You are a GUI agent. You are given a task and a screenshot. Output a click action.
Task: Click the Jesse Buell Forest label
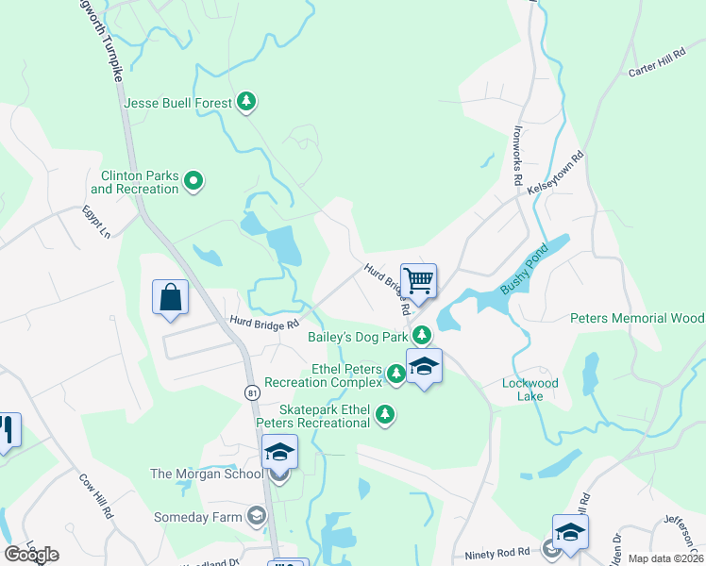178,102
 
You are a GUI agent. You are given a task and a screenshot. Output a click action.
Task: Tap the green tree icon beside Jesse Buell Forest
246,101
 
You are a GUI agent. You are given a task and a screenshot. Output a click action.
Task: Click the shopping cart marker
418,279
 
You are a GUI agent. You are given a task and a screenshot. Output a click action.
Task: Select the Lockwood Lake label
530,390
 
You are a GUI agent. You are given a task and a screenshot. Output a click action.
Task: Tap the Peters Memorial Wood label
637,319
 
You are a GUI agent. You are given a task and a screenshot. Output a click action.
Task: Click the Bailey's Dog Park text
358,336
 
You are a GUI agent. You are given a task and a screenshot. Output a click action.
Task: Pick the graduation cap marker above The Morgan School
279,453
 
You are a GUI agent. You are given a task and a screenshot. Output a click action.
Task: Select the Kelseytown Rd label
557,171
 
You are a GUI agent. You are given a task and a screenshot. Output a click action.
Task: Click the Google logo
32,555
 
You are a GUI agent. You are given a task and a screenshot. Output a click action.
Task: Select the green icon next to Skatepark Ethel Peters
384,414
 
